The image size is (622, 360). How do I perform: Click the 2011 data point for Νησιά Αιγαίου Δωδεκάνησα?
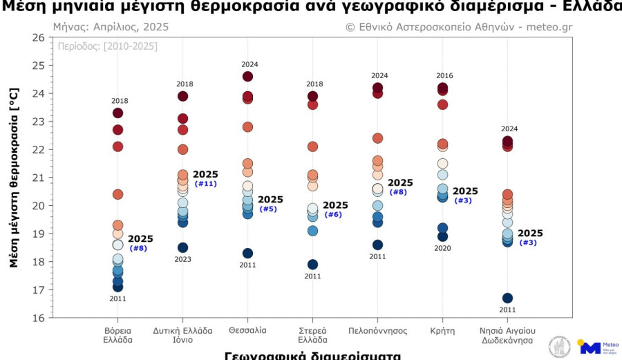[507, 298]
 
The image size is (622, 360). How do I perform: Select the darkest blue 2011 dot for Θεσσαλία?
[247, 253]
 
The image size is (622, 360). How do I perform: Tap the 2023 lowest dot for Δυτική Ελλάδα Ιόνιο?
[182, 247]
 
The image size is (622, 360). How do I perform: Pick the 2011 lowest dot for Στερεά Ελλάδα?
[312, 264]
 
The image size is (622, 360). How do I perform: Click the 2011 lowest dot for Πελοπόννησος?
[377, 245]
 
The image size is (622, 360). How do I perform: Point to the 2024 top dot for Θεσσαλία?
[247, 77]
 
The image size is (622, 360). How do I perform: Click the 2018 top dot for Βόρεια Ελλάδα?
[117, 113]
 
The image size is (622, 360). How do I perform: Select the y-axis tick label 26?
[38, 37]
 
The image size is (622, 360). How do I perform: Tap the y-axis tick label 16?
[38, 318]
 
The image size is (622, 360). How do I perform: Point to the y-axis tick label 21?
[38, 178]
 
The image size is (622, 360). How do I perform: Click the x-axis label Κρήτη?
[442, 330]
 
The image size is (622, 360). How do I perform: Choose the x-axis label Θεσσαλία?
[247, 330]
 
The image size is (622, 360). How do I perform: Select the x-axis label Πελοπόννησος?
[377, 330]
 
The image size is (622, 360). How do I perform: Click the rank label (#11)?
[206, 184]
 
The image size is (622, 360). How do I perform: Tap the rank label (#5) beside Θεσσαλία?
[268, 209]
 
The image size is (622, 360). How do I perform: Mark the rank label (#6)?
[333, 214]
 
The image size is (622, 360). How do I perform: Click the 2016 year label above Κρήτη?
[442, 76]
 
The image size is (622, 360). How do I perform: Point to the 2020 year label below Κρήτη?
[442, 247]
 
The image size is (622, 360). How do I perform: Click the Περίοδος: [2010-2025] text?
[106, 46]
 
